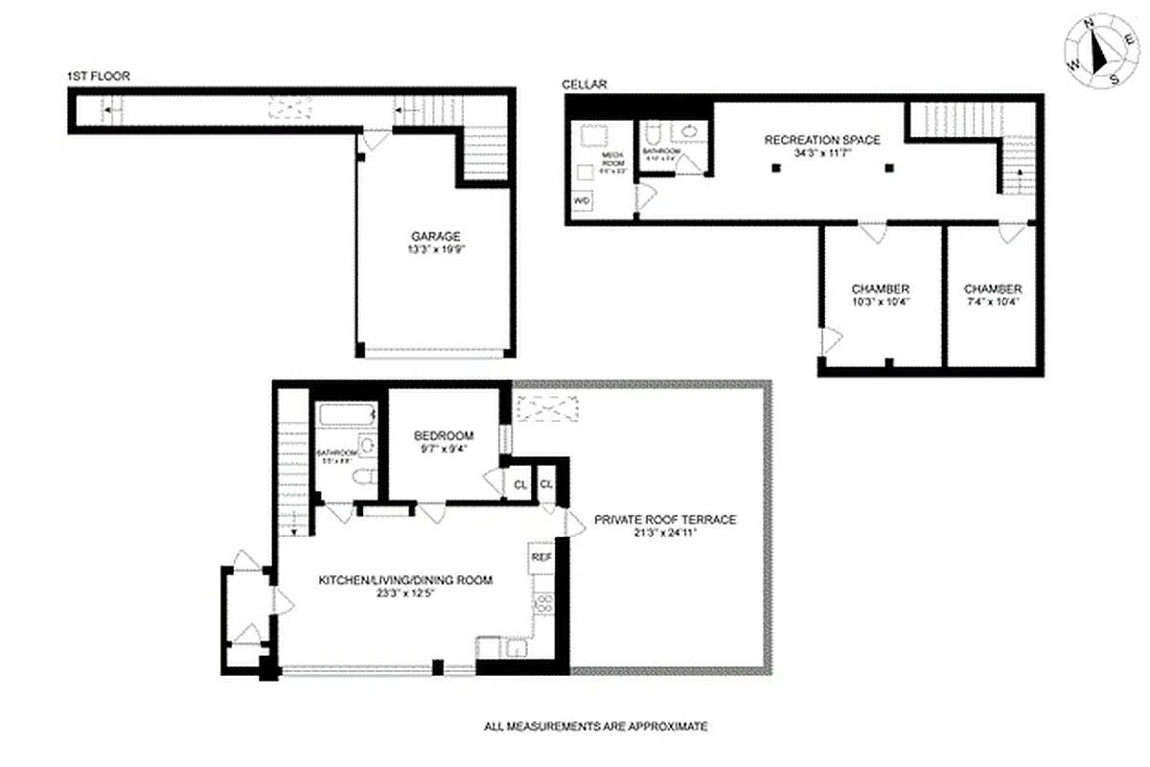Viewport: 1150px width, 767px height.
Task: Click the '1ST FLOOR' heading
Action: pos(99,76)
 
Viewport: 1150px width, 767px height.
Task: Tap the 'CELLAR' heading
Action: pos(585,85)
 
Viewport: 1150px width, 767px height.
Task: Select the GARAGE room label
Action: pos(436,236)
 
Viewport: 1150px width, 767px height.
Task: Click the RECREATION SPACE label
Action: pos(821,140)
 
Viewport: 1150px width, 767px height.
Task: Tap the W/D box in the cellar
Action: pos(582,201)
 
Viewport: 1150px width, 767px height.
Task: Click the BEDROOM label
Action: pos(444,436)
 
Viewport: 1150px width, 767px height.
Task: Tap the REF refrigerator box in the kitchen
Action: pos(540,556)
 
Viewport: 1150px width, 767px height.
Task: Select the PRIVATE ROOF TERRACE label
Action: pos(664,520)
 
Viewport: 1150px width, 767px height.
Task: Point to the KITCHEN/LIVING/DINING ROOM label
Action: pos(405,579)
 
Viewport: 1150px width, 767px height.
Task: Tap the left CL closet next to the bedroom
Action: pos(519,484)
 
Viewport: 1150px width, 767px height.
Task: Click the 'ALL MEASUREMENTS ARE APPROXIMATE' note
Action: pos(595,727)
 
